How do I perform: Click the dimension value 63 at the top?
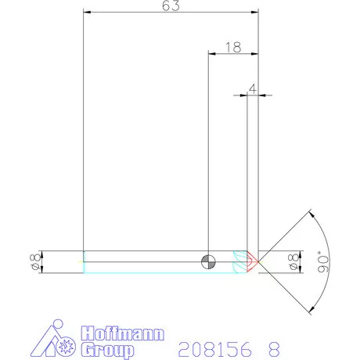coord(171,6)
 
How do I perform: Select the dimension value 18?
coord(232,47)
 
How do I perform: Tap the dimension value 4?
coord(252,89)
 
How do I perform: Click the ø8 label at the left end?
coord(33,261)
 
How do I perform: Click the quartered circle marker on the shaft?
coord(207,261)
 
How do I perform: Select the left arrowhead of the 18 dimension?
coord(211,54)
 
